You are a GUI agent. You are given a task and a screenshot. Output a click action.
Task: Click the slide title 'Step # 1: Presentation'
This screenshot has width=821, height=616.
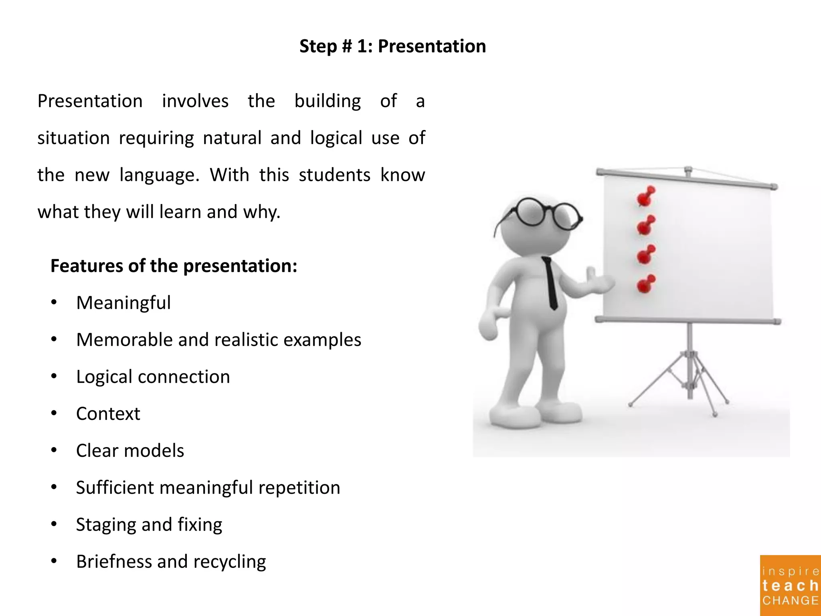point(392,46)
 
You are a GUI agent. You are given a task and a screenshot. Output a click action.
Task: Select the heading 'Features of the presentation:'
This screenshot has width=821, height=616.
point(174,266)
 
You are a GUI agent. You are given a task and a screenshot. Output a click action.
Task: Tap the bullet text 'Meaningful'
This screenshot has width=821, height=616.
point(123,303)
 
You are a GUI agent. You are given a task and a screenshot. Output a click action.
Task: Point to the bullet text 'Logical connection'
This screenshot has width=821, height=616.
point(153,377)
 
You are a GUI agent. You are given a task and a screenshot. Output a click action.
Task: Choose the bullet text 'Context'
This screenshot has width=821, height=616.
point(108,414)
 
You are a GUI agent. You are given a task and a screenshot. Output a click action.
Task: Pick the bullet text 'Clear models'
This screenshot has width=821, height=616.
point(130,451)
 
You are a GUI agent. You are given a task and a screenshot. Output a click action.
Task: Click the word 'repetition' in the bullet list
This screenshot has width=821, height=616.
point(299,488)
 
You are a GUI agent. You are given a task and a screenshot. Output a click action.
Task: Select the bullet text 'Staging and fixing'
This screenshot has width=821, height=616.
point(149,525)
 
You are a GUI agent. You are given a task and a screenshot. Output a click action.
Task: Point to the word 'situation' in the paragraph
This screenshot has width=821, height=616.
point(73,138)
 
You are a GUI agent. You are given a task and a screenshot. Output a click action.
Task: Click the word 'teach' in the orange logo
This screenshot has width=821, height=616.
point(790,586)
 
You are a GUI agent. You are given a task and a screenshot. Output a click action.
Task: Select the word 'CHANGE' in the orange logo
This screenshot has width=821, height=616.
point(790,600)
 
